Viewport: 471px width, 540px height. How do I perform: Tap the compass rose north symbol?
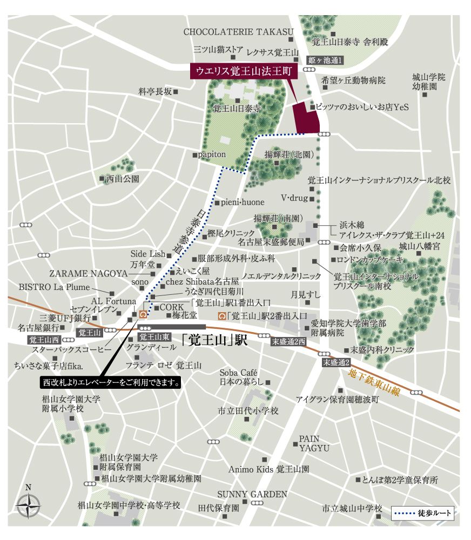click(x=29, y=505)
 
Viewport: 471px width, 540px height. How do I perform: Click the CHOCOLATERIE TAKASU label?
click(x=238, y=32)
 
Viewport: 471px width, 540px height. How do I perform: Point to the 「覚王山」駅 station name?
click(x=214, y=340)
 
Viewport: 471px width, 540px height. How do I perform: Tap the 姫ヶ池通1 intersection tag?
click(x=325, y=60)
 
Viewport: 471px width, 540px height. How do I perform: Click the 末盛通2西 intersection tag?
click(x=289, y=341)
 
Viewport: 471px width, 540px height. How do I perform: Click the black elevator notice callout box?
click(x=111, y=382)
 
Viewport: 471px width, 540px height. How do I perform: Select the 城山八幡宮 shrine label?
click(x=420, y=246)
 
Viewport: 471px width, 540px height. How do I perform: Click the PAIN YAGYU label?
click(x=309, y=443)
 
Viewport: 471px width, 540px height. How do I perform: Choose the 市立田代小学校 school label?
click(x=248, y=411)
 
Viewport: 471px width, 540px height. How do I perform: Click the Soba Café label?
click(x=239, y=373)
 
